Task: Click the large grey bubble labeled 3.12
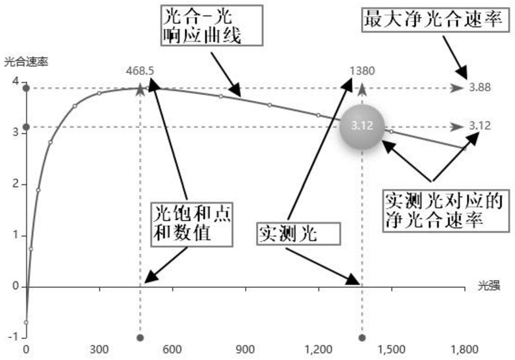[x=362, y=127]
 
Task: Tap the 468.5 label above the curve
[x=140, y=71]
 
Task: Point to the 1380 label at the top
[x=362, y=71]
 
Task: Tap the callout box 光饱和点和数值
[x=192, y=222]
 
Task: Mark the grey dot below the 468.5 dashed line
[x=140, y=338]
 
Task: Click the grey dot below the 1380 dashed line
[x=362, y=338]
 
